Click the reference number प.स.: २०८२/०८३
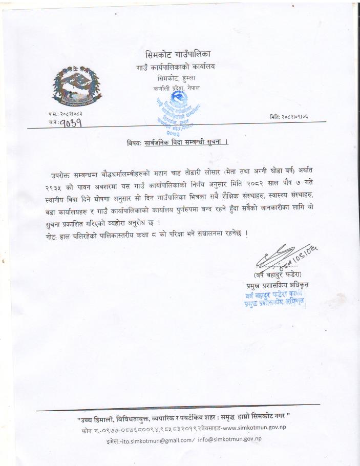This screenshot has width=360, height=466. pos(66,113)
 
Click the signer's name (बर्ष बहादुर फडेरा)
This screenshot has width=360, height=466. pos(281,275)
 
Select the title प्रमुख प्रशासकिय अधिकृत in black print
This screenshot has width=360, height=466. pos(280,285)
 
